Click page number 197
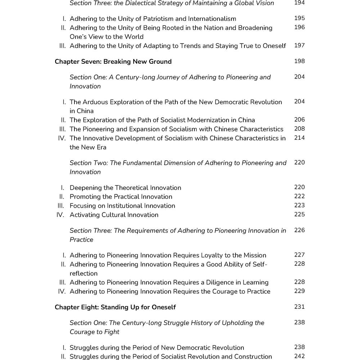pos(299,45)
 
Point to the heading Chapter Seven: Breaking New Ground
pos(113,62)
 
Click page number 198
pos(299,61)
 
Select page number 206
pos(299,120)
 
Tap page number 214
pos(299,138)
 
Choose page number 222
pos(299,196)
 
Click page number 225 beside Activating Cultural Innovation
pos(299,214)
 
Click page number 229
pos(299,291)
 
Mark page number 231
pos(299,307)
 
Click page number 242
pos(299,356)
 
